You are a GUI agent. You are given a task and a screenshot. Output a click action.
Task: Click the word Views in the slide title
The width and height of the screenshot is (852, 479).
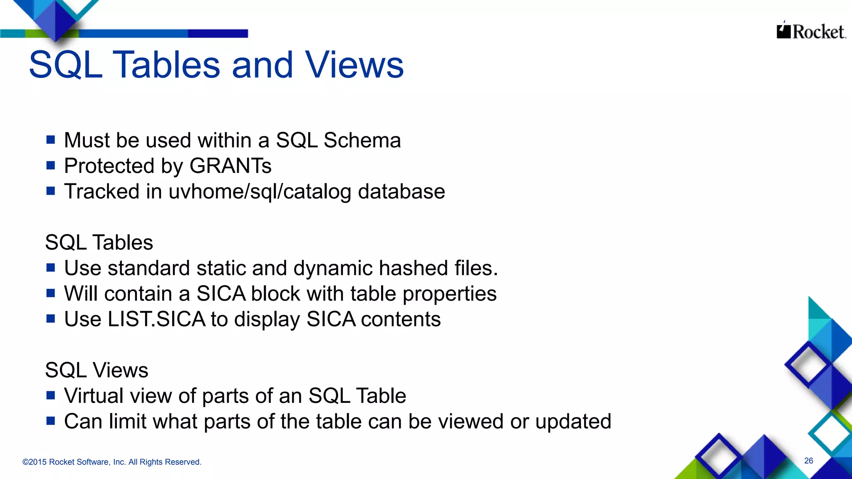(x=354, y=65)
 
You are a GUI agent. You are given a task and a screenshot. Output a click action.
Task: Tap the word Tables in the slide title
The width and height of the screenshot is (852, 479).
(x=166, y=65)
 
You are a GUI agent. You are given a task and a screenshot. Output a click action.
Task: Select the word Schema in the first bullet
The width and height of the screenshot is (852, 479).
(x=362, y=140)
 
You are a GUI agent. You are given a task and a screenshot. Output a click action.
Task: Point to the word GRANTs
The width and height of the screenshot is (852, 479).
(x=230, y=166)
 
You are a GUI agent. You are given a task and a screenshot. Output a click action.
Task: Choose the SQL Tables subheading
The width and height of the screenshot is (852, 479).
(x=99, y=242)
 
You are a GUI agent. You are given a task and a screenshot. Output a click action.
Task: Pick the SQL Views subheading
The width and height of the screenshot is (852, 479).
(x=97, y=370)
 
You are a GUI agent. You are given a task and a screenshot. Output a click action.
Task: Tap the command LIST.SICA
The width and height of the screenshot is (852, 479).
(x=156, y=319)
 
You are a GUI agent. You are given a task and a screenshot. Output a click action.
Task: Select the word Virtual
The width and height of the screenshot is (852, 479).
(x=94, y=395)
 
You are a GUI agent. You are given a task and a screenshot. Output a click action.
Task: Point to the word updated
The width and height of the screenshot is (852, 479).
(x=573, y=421)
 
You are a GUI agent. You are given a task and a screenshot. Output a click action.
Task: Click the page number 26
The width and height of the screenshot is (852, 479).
(x=808, y=461)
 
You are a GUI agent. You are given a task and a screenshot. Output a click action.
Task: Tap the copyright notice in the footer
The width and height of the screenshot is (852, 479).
(x=112, y=462)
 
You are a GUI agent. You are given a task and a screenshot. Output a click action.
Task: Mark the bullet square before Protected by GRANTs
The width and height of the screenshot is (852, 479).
(x=51, y=165)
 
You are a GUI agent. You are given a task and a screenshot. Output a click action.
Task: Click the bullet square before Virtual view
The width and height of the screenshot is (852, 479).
(x=51, y=395)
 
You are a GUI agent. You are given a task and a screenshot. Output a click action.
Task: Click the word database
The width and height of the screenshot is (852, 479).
(x=401, y=192)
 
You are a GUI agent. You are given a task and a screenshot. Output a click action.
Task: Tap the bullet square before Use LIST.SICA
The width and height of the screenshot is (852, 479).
(x=51, y=319)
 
